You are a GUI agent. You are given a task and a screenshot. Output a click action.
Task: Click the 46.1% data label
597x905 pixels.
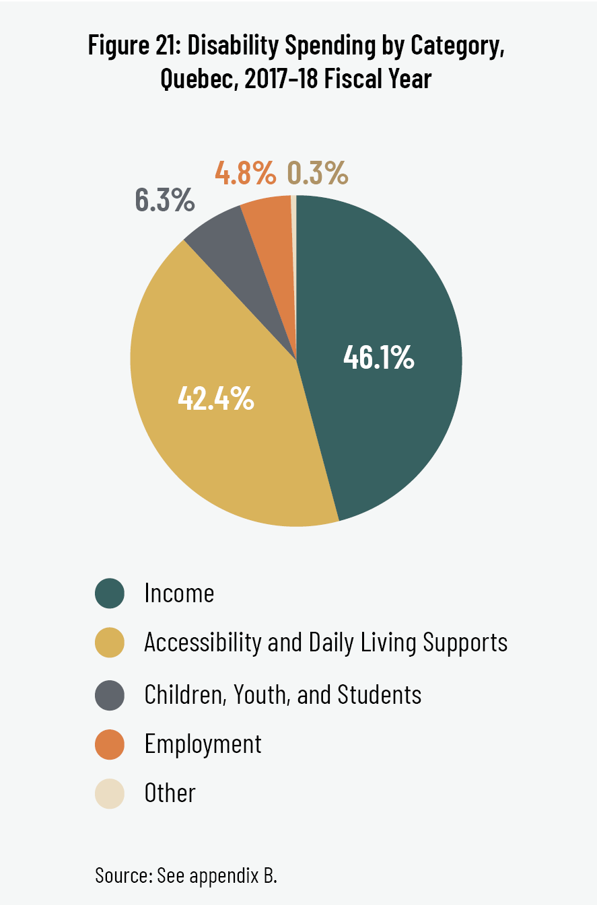click(378, 358)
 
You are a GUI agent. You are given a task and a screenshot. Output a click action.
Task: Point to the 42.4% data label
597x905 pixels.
click(215, 398)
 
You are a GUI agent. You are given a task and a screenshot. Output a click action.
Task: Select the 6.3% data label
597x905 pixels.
click(165, 200)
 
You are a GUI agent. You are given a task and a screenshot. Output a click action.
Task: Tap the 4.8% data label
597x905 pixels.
click(246, 174)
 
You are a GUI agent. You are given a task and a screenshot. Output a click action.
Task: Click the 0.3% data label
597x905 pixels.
click(318, 174)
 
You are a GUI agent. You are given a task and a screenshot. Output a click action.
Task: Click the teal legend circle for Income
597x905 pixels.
click(110, 593)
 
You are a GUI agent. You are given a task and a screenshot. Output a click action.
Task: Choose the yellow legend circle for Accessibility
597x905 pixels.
click(110, 643)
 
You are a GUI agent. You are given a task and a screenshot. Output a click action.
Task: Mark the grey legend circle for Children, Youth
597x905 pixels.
click(110, 694)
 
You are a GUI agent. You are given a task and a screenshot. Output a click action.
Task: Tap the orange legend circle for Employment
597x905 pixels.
click(110, 744)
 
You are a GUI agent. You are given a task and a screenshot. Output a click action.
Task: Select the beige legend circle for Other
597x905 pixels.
click(110, 793)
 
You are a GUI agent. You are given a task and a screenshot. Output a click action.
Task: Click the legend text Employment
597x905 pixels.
click(203, 744)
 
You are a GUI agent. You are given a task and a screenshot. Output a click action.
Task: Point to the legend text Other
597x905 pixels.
click(170, 793)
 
